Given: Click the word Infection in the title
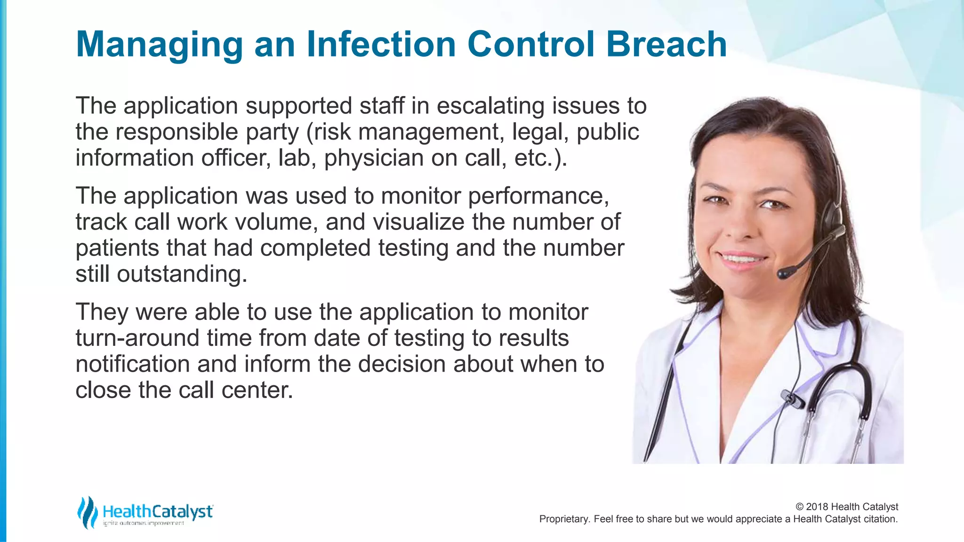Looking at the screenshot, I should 381,44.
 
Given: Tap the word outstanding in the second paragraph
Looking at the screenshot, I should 182,274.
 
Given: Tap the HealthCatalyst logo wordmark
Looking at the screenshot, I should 158,511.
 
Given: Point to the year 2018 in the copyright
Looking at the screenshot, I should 817,507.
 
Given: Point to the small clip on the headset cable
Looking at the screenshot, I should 791,399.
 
